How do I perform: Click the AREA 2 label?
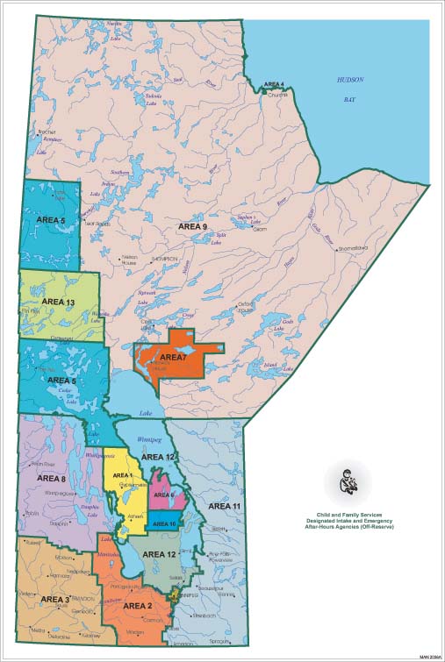138,606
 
